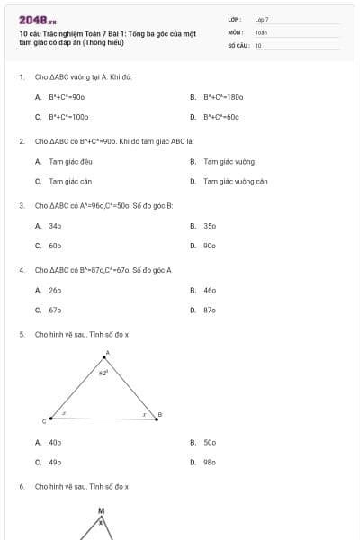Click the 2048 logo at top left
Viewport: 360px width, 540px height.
point(37,19)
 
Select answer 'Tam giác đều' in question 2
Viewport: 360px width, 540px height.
point(67,162)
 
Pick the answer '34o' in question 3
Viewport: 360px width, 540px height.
point(55,226)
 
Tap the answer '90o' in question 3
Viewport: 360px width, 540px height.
point(210,245)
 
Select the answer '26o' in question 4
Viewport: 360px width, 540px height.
point(55,291)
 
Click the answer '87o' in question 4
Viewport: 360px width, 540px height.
point(210,310)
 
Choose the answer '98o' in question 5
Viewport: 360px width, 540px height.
point(210,462)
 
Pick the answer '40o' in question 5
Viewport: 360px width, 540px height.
point(55,443)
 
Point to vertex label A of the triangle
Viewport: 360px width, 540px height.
point(107,353)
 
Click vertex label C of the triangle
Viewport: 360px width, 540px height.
point(44,420)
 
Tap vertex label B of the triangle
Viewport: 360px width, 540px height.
point(159,415)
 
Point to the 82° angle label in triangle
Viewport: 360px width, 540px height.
point(103,371)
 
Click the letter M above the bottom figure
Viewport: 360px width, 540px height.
point(101,510)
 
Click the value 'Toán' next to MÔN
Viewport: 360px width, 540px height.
point(261,31)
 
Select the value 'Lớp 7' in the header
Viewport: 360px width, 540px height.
point(262,19)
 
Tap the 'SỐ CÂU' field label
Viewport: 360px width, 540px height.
point(238,44)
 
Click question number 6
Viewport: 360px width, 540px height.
point(21,486)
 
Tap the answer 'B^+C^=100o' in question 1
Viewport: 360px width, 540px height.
point(67,116)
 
